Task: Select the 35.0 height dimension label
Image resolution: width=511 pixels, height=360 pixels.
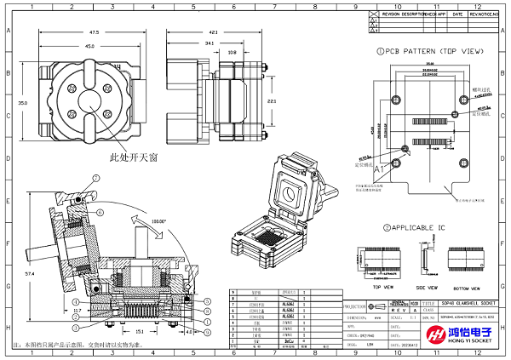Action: coord(23,103)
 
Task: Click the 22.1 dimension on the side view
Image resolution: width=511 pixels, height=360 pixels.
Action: coord(272,101)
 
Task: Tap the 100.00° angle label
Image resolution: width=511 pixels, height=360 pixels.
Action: coord(157,220)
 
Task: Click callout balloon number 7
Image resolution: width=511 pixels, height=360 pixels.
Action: coord(96,178)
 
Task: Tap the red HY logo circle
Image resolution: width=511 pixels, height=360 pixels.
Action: coord(411,337)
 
